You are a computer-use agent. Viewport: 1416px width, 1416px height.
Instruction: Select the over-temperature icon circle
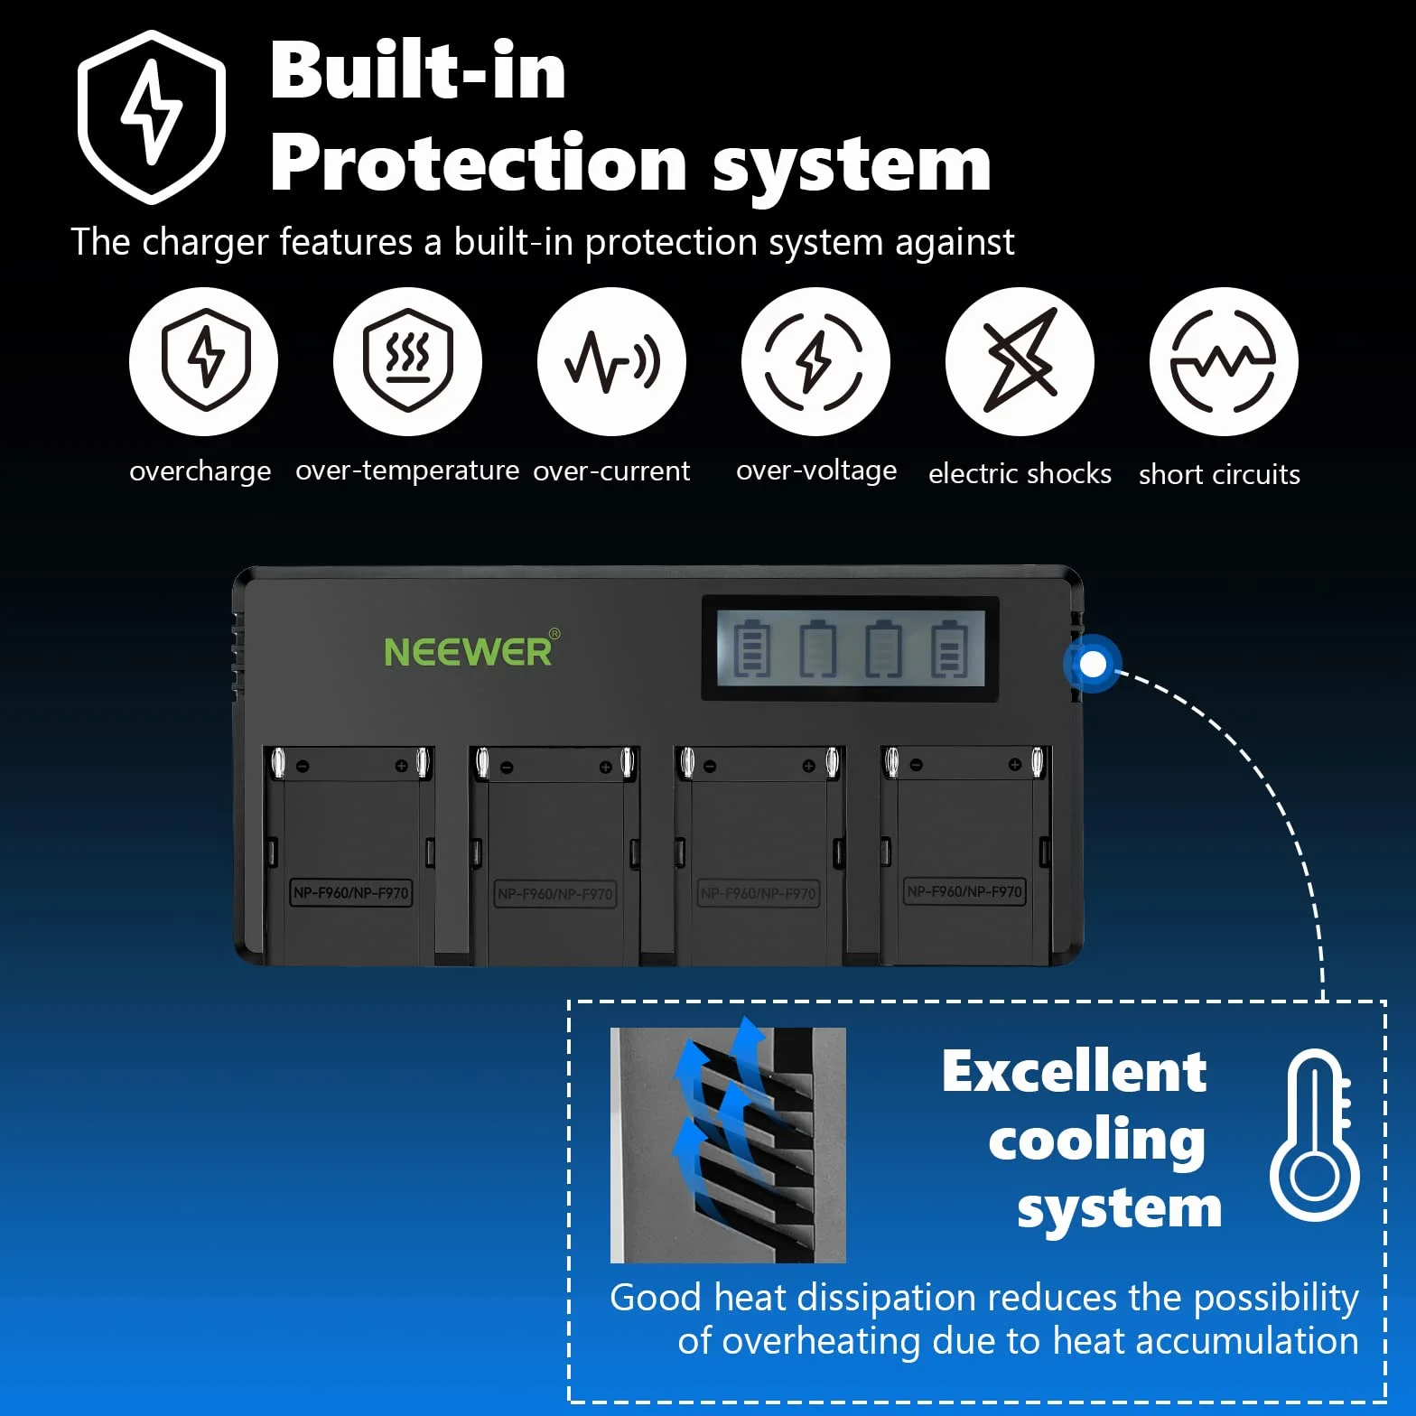point(407,361)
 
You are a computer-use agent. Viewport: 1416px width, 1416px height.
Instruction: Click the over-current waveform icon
point(611,361)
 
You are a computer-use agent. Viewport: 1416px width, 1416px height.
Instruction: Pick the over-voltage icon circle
point(815,361)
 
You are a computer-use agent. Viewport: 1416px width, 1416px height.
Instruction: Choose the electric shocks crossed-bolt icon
point(1020,361)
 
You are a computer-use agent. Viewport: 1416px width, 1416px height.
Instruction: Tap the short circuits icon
point(1224,361)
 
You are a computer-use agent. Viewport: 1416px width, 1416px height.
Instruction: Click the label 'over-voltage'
point(816,471)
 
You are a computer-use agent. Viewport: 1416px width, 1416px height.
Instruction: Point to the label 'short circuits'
point(1219,474)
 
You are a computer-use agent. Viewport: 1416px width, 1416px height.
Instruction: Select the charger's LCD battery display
point(851,647)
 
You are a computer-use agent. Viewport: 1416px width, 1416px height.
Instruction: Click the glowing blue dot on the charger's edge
point(1093,665)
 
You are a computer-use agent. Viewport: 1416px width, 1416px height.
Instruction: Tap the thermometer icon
point(1315,1136)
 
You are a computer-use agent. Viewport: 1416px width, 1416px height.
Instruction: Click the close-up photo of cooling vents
point(728,1145)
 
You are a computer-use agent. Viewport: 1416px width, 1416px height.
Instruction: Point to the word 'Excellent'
point(1074,1072)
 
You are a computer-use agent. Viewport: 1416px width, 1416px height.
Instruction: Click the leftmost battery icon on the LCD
point(751,647)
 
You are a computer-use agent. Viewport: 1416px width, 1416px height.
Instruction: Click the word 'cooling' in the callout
point(1097,1141)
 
